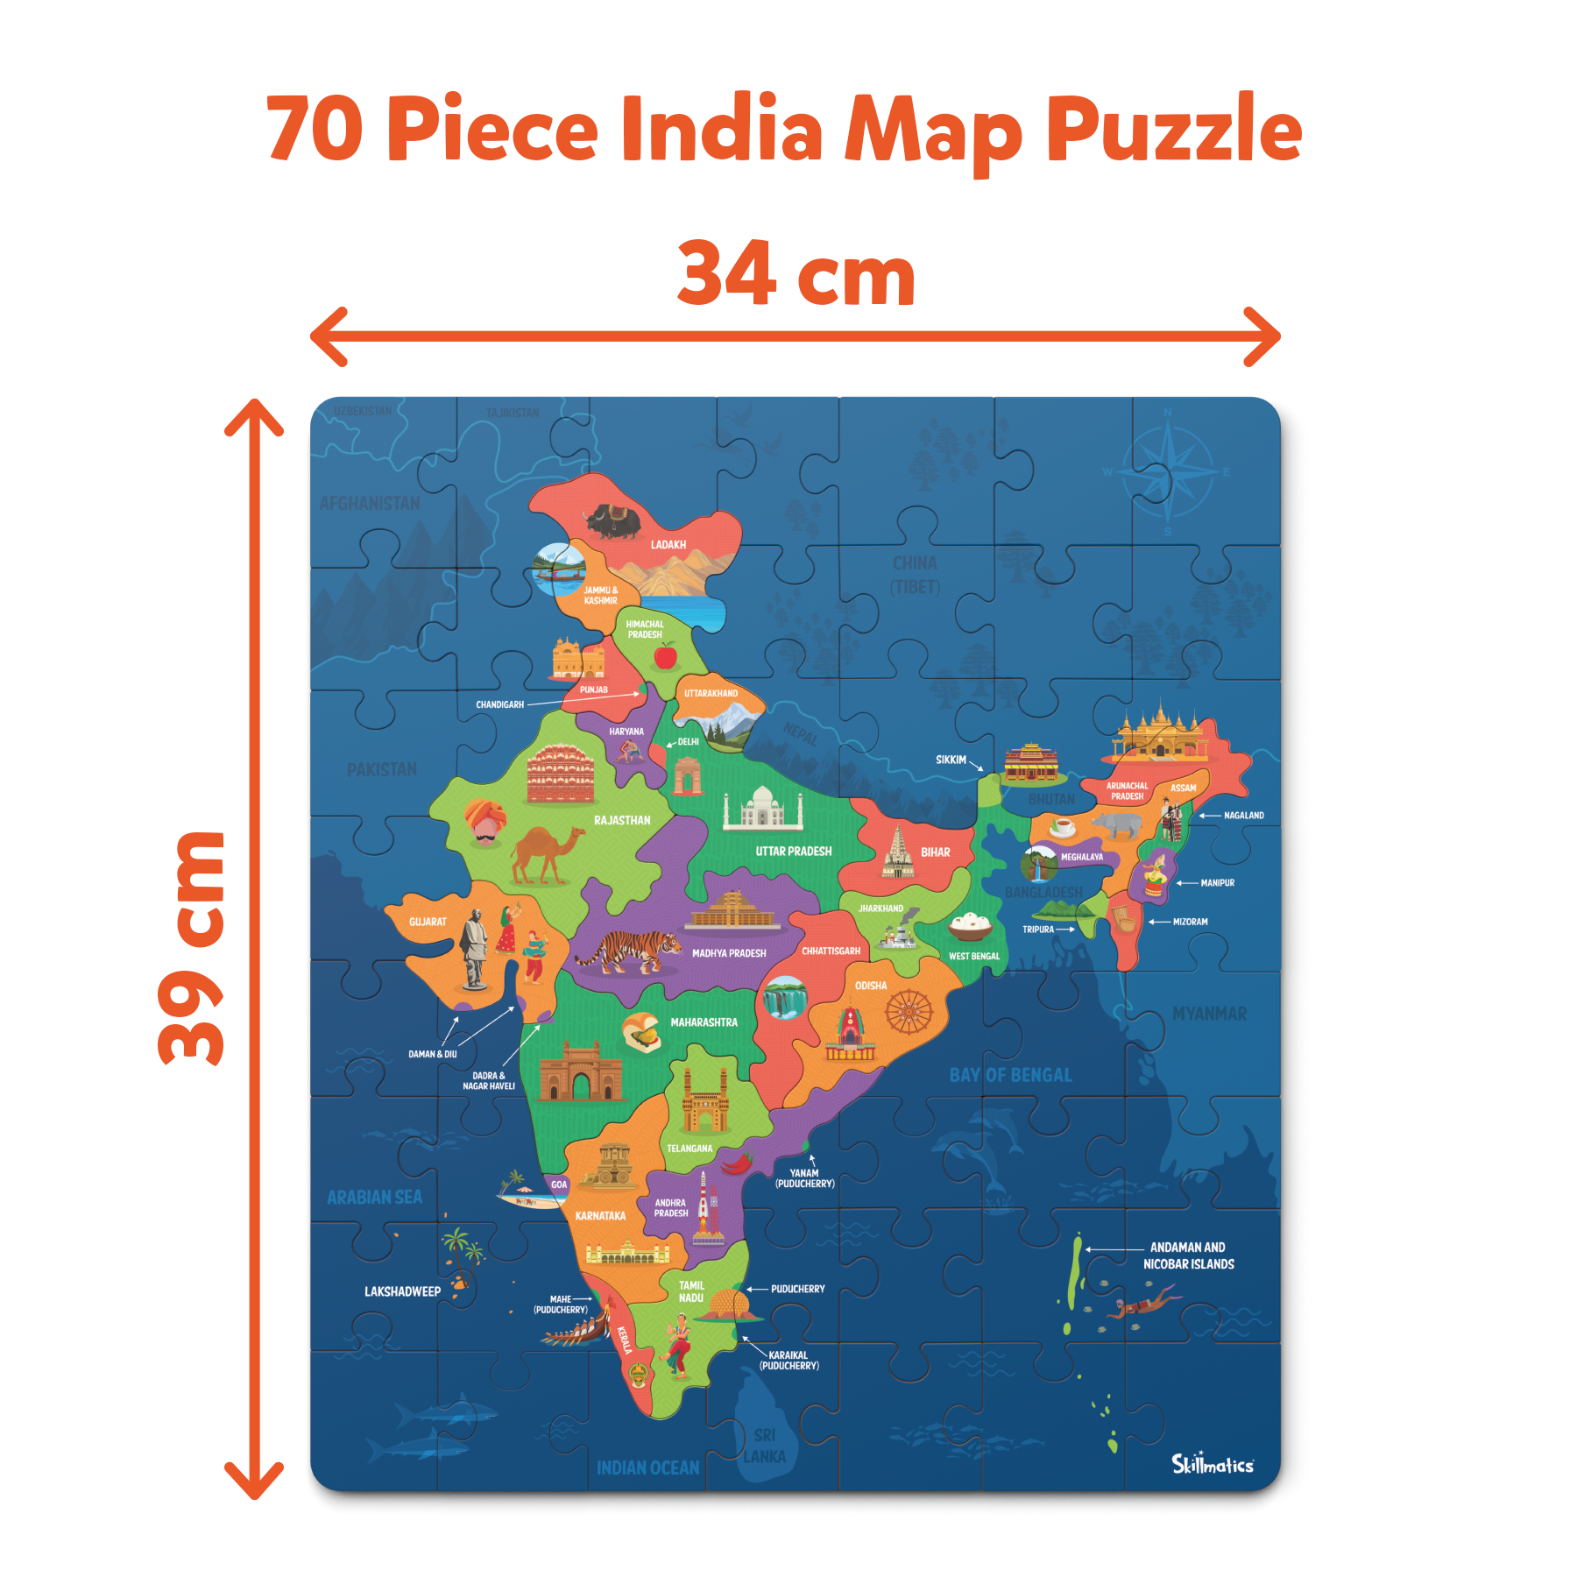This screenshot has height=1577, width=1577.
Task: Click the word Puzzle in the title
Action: click(x=1174, y=131)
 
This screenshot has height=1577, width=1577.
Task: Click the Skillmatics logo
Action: click(x=1213, y=1463)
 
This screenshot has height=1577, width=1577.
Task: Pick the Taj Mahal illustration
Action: click(x=763, y=807)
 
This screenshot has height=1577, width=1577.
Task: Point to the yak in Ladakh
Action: click(x=613, y=521)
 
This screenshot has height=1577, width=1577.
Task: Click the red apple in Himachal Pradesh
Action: click(x=666, y=654)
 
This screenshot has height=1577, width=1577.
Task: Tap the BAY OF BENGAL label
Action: click(x=1010, y=1075)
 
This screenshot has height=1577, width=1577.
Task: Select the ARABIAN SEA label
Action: click(x=374, y=1197)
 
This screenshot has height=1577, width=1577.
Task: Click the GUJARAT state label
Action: click(x=428, y=922)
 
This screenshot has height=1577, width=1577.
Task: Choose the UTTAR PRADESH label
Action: click(x=794, y=851)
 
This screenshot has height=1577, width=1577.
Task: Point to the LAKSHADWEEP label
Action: click(x=402, y=1291)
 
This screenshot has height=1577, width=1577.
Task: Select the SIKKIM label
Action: click(x=951, y=760)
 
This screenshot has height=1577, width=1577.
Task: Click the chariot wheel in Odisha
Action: click(x=909, y=1012)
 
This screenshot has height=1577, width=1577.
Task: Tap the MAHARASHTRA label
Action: click(x=704, y=1022)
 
